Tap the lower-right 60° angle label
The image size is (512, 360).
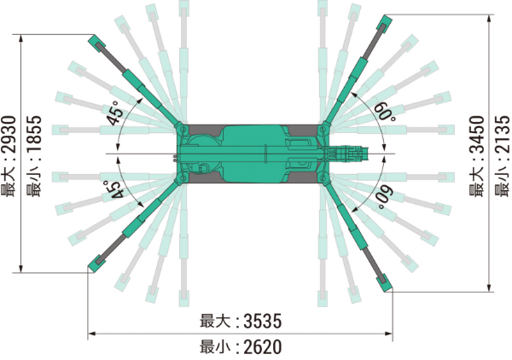[385, 196]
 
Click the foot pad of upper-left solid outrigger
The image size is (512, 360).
[94, 40]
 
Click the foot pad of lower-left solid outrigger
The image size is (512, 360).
[94, 267]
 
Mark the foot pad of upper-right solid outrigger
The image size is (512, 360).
[384, 22]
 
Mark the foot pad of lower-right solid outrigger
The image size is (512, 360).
[386, 285]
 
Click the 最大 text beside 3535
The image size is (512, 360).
[216, 322]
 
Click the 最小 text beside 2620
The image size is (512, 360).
[216, 347]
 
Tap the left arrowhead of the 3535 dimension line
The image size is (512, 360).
[92, 334]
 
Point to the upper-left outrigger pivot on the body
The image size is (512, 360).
[181, 128]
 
